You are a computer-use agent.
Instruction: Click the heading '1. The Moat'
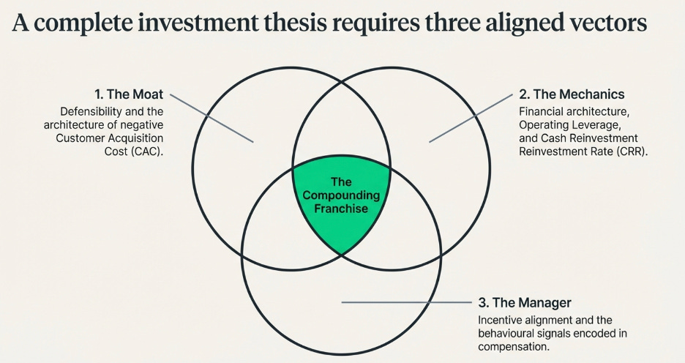(x=129, y=94)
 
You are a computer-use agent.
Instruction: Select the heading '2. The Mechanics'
(x=572, y=94)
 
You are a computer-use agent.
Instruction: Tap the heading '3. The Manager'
(x=524, y=302)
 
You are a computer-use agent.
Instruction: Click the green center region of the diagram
(x=341, y=212)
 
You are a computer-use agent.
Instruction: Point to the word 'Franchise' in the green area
(x=341, y=209)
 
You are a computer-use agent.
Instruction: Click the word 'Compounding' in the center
(x=341, y=195)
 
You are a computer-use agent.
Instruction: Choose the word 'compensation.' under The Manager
(x=512, y=347)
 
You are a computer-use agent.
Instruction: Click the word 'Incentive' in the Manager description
(x=501, y=321)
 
